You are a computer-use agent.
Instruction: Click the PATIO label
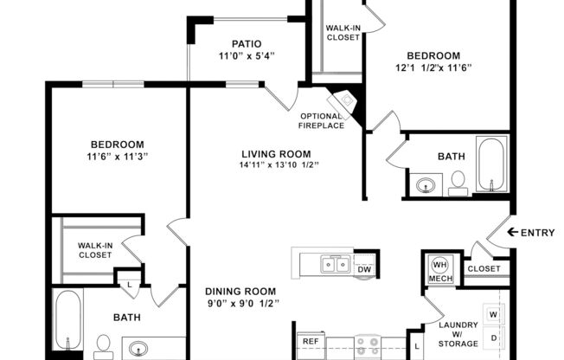tap(246, 44)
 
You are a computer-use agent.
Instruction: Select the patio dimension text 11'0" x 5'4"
tap(246, 56)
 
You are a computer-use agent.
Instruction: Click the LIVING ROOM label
tap(275, 154)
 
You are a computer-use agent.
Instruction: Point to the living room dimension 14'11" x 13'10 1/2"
tap(275, 166)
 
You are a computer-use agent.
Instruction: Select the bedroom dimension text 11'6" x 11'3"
tap(117, 157)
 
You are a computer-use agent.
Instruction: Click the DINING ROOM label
tap(240, 291)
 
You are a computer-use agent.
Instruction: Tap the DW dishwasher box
tap(366, 268)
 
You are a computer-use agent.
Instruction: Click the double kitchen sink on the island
tap(336, 264)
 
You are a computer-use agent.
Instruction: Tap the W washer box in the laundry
tap(493, 313)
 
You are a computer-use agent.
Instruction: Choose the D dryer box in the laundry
tap(493, 337)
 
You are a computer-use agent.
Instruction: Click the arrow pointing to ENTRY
tap(512, 232)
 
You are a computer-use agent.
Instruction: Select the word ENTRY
tap(538, 232)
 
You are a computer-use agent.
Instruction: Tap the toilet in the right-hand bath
tap(458, 181)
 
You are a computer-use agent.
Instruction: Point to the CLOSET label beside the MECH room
tap(483, 268)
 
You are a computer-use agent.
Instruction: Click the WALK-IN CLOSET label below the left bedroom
tap(95, 250)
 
